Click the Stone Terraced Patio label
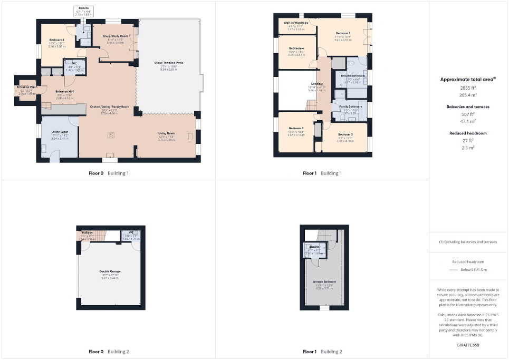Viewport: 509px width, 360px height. (169, 63)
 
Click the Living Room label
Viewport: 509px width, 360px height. (166, 133)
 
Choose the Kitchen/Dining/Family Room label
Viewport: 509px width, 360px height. (109, 106)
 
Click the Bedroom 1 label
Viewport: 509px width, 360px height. (342, 33)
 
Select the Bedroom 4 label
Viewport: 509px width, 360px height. (296, 48)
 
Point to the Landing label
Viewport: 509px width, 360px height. (317, 84)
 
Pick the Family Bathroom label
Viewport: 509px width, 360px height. (342, 106)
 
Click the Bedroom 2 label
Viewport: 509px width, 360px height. (296, 128)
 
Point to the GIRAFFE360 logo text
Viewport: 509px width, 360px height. (468, 345)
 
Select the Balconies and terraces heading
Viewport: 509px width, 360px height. (468, 106)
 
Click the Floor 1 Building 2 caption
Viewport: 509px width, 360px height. (322, 351)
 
